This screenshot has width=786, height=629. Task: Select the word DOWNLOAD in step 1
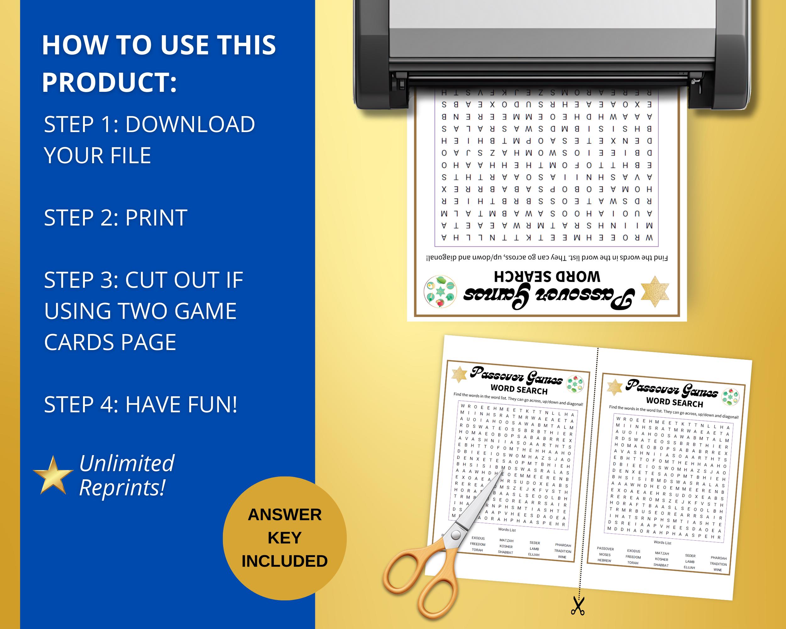(190, 124)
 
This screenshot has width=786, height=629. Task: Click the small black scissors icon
(578, 606)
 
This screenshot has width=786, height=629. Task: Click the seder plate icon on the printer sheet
(440, 292)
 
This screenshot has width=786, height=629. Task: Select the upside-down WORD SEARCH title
(547, 277)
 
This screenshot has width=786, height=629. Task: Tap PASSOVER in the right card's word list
(606, 548)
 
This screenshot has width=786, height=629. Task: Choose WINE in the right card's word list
(717, 570)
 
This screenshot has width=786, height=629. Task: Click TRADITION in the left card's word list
(562, 551)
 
